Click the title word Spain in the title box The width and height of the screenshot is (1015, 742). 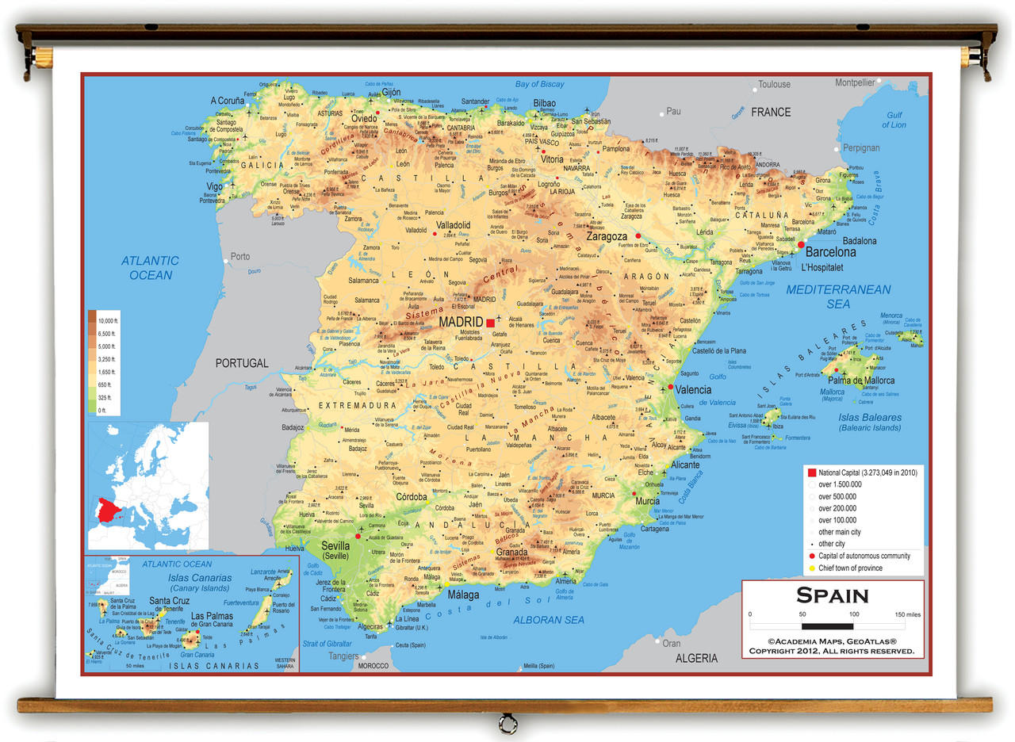pyautogui.click(x=833, y=595)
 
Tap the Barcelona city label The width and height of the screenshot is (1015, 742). pyautogui.click(x=830, y=252)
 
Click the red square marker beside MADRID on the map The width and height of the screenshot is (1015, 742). pyautogui.click(x=491, y=323)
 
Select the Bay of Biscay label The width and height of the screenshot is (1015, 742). pyautogui.click(x=539, y=84)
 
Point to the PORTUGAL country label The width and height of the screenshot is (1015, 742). pyautogui.click(x=242, y=363)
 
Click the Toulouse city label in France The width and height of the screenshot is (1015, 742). pyautogui.click(x=774, y=84)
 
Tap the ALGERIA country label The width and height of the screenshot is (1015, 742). pyautogui.click(x=696, y=658)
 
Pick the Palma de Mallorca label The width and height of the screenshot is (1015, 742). pyautogui.click(x=861, y=381)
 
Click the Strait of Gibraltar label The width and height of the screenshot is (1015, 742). pyautogui.click(x=327, y=644)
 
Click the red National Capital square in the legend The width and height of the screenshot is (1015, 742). pyautogui.click(x=811, y=472)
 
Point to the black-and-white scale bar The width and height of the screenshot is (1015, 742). pyautogui.click(x=828, y=626)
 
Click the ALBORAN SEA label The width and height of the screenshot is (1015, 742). pyautogui.click(x=549, y=620)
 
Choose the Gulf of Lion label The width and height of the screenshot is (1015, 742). pyautogui.click(x=894, y=120)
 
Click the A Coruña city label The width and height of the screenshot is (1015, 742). pyautogui.click(x=227, y=101)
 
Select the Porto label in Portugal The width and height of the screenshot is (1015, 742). pyautogui.click(x=239, y=257)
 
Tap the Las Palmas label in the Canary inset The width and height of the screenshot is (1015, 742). pyautogui.click(x=211, y=616)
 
